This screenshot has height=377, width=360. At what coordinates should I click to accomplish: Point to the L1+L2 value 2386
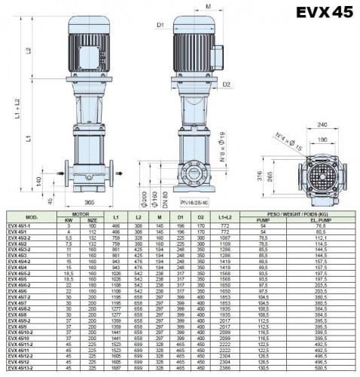[x=224, y=370]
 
